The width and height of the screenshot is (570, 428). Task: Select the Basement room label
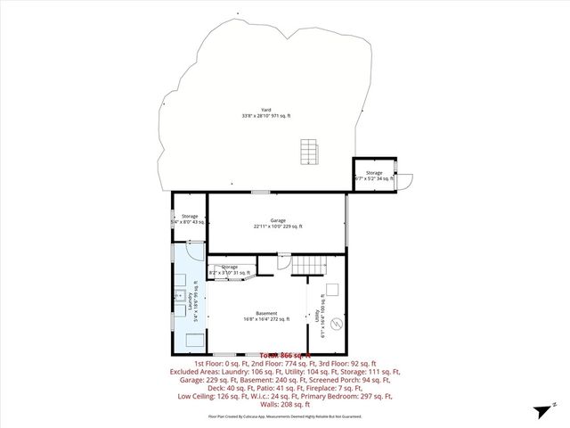pyautogui.click(x=266, y=316)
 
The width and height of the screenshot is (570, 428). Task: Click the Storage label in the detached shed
pyautogui.click(x=373, y=176)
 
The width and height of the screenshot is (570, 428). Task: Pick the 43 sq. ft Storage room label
pyautogui.click(x=190, y=218)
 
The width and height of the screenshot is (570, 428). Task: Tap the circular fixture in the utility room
pyautogui.click(x=337, y=325)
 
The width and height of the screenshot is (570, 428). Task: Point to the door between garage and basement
pyautogui.click(x=282, y=260)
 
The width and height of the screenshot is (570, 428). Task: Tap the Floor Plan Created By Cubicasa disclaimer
pyautogui.click(x=284, y=416)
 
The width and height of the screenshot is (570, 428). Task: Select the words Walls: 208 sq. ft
pyautogui.click(x=284, y=404)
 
